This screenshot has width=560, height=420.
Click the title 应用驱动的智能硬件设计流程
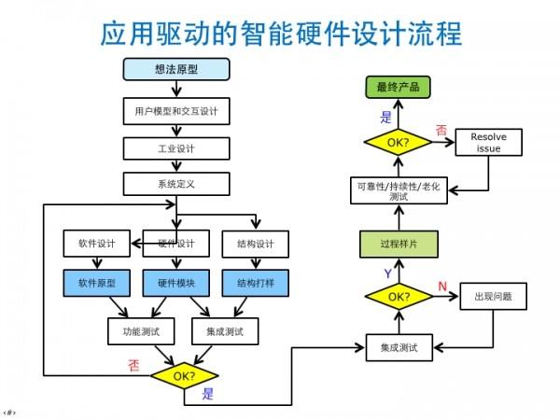280,34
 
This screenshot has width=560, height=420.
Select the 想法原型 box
175,71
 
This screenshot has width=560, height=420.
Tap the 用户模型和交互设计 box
175,111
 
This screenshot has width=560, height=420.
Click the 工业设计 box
175,148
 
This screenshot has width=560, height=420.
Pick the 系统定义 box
175,185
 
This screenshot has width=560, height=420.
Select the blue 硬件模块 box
175,282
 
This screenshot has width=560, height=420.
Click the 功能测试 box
136,330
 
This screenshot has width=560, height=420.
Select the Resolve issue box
488,142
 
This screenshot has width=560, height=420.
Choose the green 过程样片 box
397,245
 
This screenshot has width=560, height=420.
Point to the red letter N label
443,284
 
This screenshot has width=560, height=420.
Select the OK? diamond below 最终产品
397,142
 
